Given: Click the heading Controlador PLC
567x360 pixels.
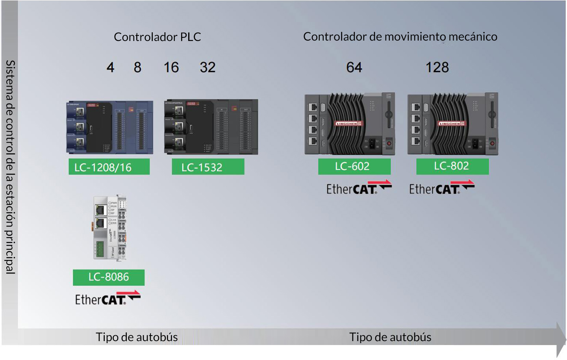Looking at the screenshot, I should [157, 37].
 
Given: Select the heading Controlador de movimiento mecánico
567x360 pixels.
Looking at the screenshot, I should [400, 37].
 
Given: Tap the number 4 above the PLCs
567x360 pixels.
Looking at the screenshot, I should [110, 67].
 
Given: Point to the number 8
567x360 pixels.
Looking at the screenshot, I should [137, 67].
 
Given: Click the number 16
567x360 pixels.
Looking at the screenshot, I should [171, 67].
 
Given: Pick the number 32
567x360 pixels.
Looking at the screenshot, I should [208, 67].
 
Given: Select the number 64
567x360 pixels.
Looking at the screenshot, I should [354, 67].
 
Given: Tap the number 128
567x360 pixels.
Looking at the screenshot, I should [437, 67].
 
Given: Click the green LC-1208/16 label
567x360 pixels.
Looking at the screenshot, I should [109, 167].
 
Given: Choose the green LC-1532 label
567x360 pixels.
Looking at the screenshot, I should [208, 167].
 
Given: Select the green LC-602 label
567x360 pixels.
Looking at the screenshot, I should [354, 166].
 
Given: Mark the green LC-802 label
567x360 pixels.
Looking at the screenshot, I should [452, 166].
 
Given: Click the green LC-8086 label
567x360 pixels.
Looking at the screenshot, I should [109, 277].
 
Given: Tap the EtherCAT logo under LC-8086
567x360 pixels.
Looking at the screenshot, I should [107, 298].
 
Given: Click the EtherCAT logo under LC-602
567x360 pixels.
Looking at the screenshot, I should [359, 187].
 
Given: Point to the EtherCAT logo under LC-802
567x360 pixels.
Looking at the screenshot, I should [441, 187].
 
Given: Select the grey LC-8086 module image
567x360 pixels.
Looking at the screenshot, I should [110, 227].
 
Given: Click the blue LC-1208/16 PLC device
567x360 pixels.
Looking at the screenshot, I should [109, 127].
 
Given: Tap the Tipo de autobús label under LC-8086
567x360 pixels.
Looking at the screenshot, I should [137, 337].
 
